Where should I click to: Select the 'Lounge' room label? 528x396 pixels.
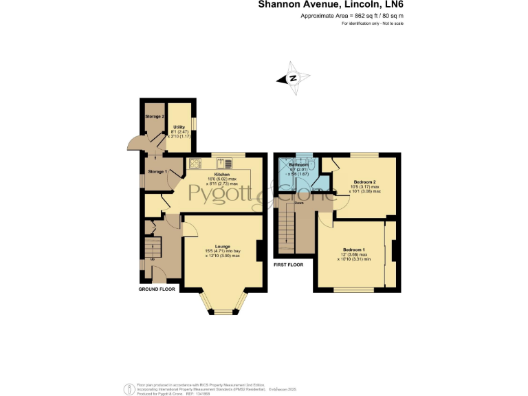click(x=222, y=246)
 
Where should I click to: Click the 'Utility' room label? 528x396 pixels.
click(x=179, y=127)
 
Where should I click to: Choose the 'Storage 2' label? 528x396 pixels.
click(x=154, y=116)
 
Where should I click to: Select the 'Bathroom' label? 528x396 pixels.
click(x=298, y=165)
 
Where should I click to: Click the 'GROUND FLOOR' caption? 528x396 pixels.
click(x=157, y=289)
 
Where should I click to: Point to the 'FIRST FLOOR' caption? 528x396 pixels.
click(x=289, y=264)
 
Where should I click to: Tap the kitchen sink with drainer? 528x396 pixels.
click(x=225, y=164)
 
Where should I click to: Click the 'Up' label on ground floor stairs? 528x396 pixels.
click(x=153, y=258)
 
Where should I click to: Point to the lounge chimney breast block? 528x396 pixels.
click(x=260, y=250)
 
